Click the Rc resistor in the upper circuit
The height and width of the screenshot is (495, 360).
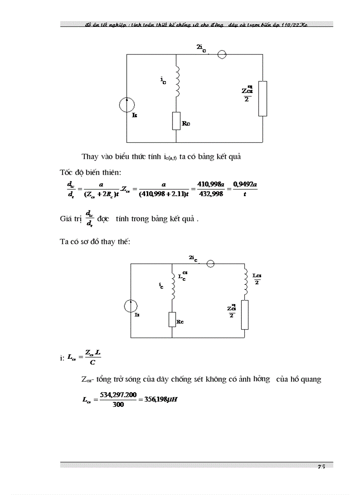[x=176, y=121]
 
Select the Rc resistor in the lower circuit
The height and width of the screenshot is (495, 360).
[x=172, y=319]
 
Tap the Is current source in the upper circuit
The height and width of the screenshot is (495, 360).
[x=127, y=105]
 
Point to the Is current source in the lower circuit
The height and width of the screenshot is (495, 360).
[x=131, y=306]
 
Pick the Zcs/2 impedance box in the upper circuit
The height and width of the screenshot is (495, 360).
[x=262, y=98]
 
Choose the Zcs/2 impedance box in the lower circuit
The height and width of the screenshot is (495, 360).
[x=244, y=315]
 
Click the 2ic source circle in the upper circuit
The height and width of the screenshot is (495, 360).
[x=222, y=54]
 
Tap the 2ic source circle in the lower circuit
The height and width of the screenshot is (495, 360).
[x=210, y=264]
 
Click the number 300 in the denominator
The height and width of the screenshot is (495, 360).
[x=118, y=405]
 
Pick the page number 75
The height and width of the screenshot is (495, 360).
[x=321, y=467]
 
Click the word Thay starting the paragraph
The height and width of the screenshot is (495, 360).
[x=90, y=156]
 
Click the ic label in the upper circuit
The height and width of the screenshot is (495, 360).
[x=163, y=80]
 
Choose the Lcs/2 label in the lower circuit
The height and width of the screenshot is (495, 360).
[x=257, y=279]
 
